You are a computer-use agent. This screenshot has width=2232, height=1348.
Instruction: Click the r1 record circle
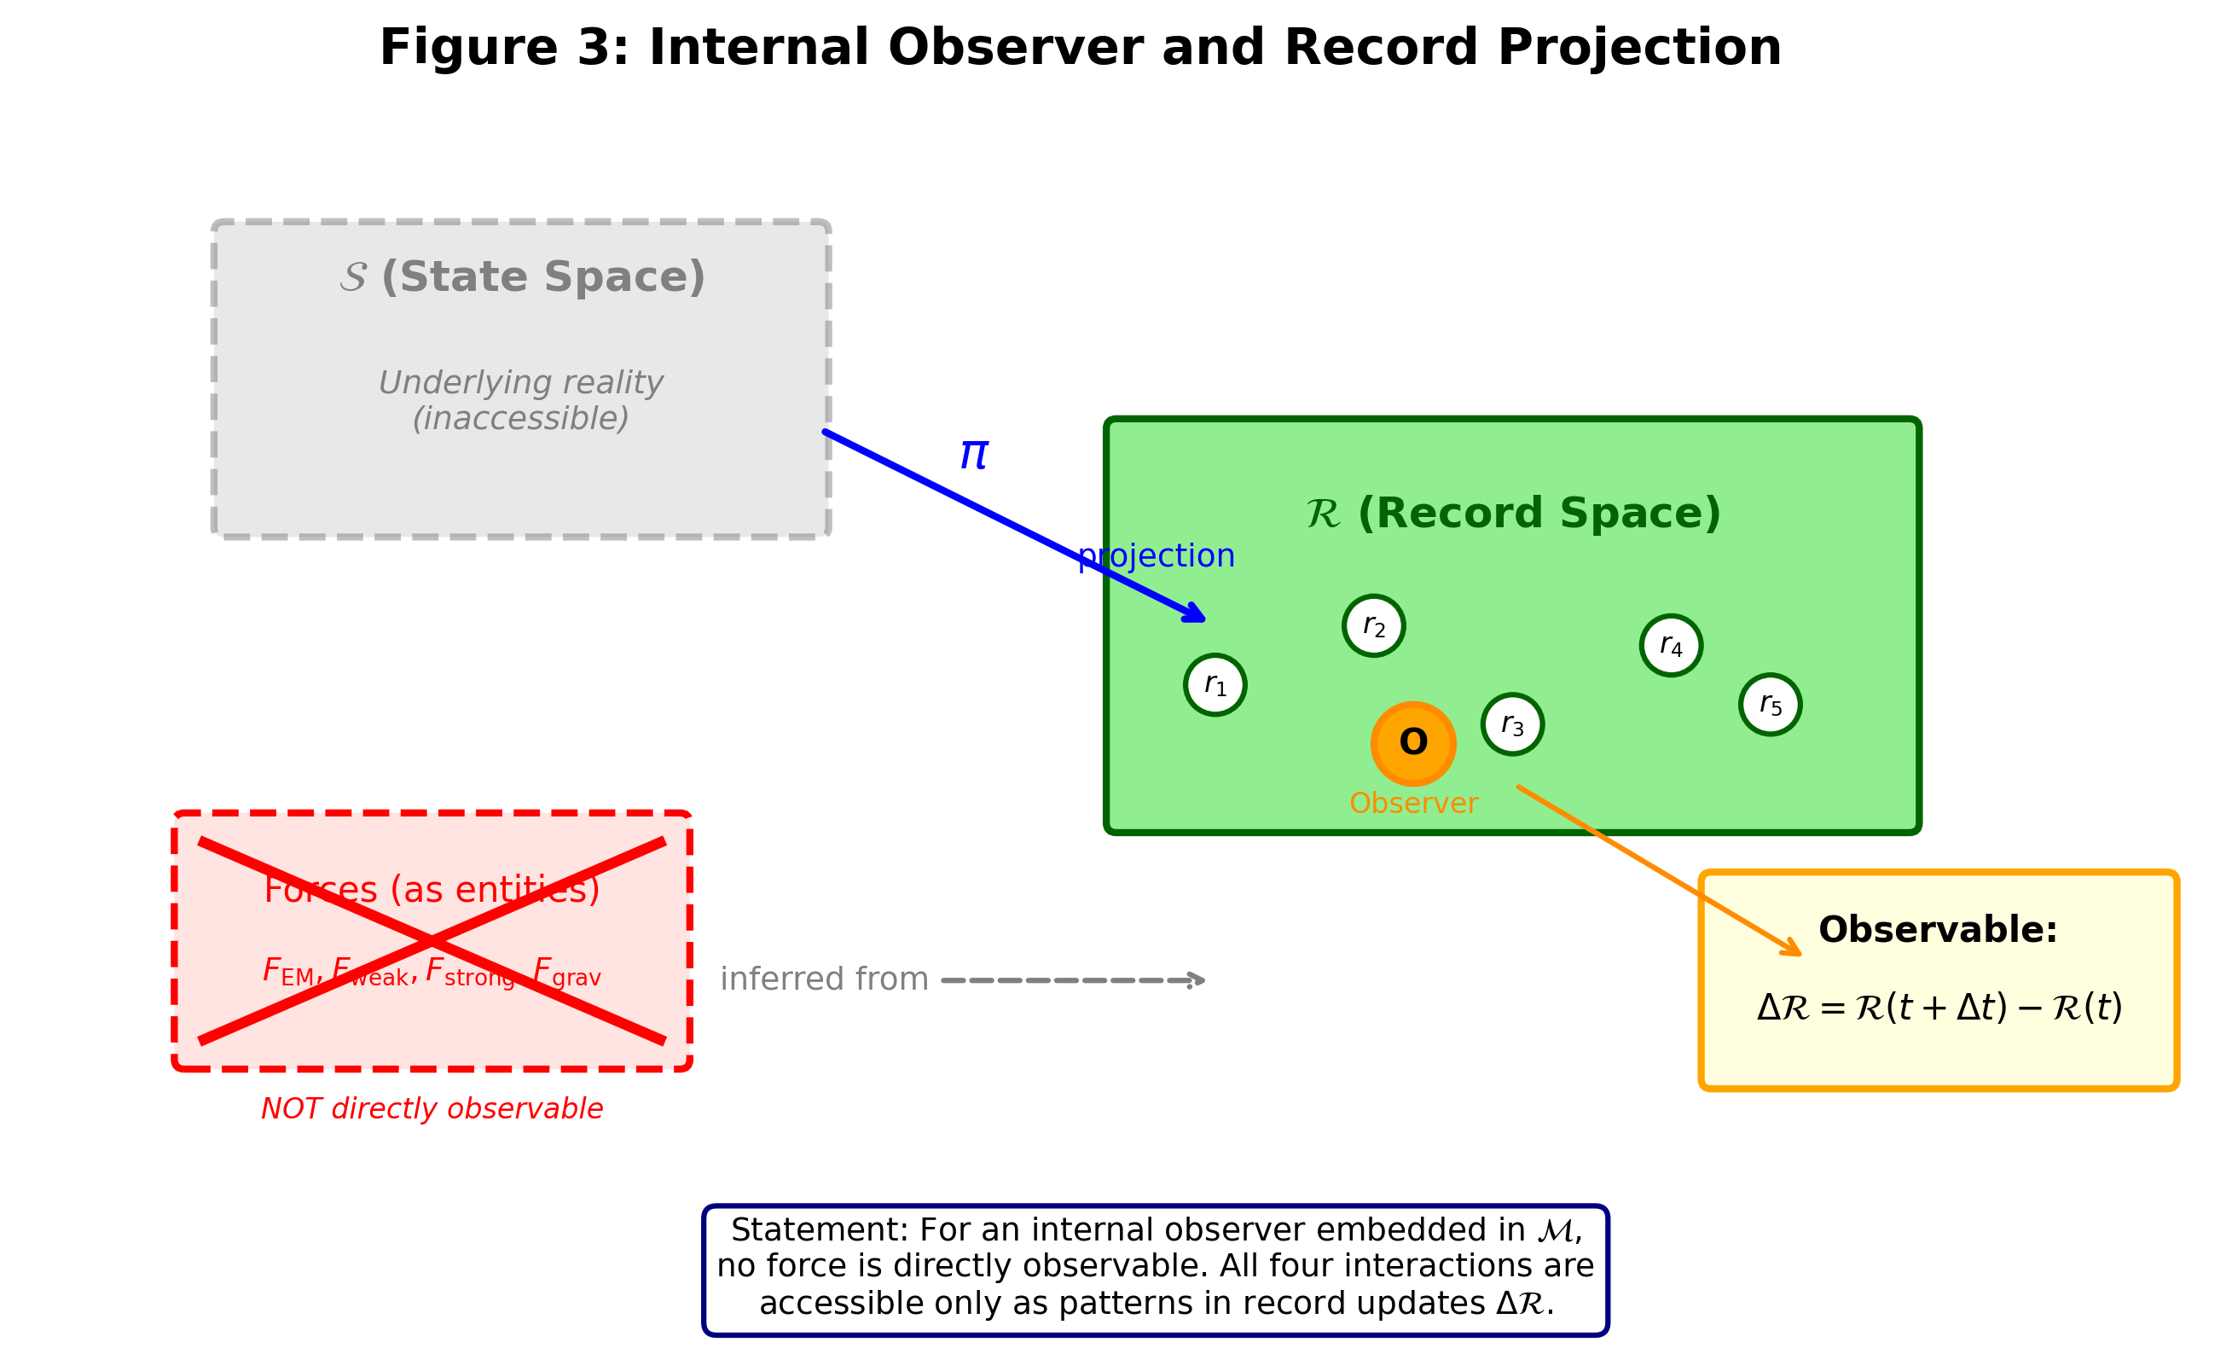pos(1215,685)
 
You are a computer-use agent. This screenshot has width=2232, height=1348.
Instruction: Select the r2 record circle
pos(1373,626)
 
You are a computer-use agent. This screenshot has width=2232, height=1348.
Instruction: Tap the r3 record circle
pos(1512,724)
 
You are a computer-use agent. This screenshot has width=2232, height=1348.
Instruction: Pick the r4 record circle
pos(1671,646)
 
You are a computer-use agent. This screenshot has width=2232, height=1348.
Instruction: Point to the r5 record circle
pos(1770,705)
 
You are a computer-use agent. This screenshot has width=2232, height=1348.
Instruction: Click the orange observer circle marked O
pos(1413,744)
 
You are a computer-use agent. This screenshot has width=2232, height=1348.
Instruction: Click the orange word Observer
pos(1413,804)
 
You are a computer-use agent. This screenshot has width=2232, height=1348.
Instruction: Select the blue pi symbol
pos(974,454)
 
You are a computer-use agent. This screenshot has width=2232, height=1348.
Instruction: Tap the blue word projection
pos(1156,555)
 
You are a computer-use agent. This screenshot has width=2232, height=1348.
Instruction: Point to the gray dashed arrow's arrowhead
pos(1198,980)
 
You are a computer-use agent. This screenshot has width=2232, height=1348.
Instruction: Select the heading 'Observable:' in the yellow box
pos(1938,930)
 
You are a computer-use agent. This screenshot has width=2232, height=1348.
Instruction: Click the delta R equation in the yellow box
pos(1939,1008)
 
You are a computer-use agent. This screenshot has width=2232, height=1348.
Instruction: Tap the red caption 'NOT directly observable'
pos(432,1109)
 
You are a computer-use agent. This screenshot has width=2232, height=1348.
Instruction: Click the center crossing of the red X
pos(432,941)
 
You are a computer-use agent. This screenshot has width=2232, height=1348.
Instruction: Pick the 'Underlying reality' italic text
pos(521,383)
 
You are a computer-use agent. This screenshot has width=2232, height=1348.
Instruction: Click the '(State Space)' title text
pos(542,277)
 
